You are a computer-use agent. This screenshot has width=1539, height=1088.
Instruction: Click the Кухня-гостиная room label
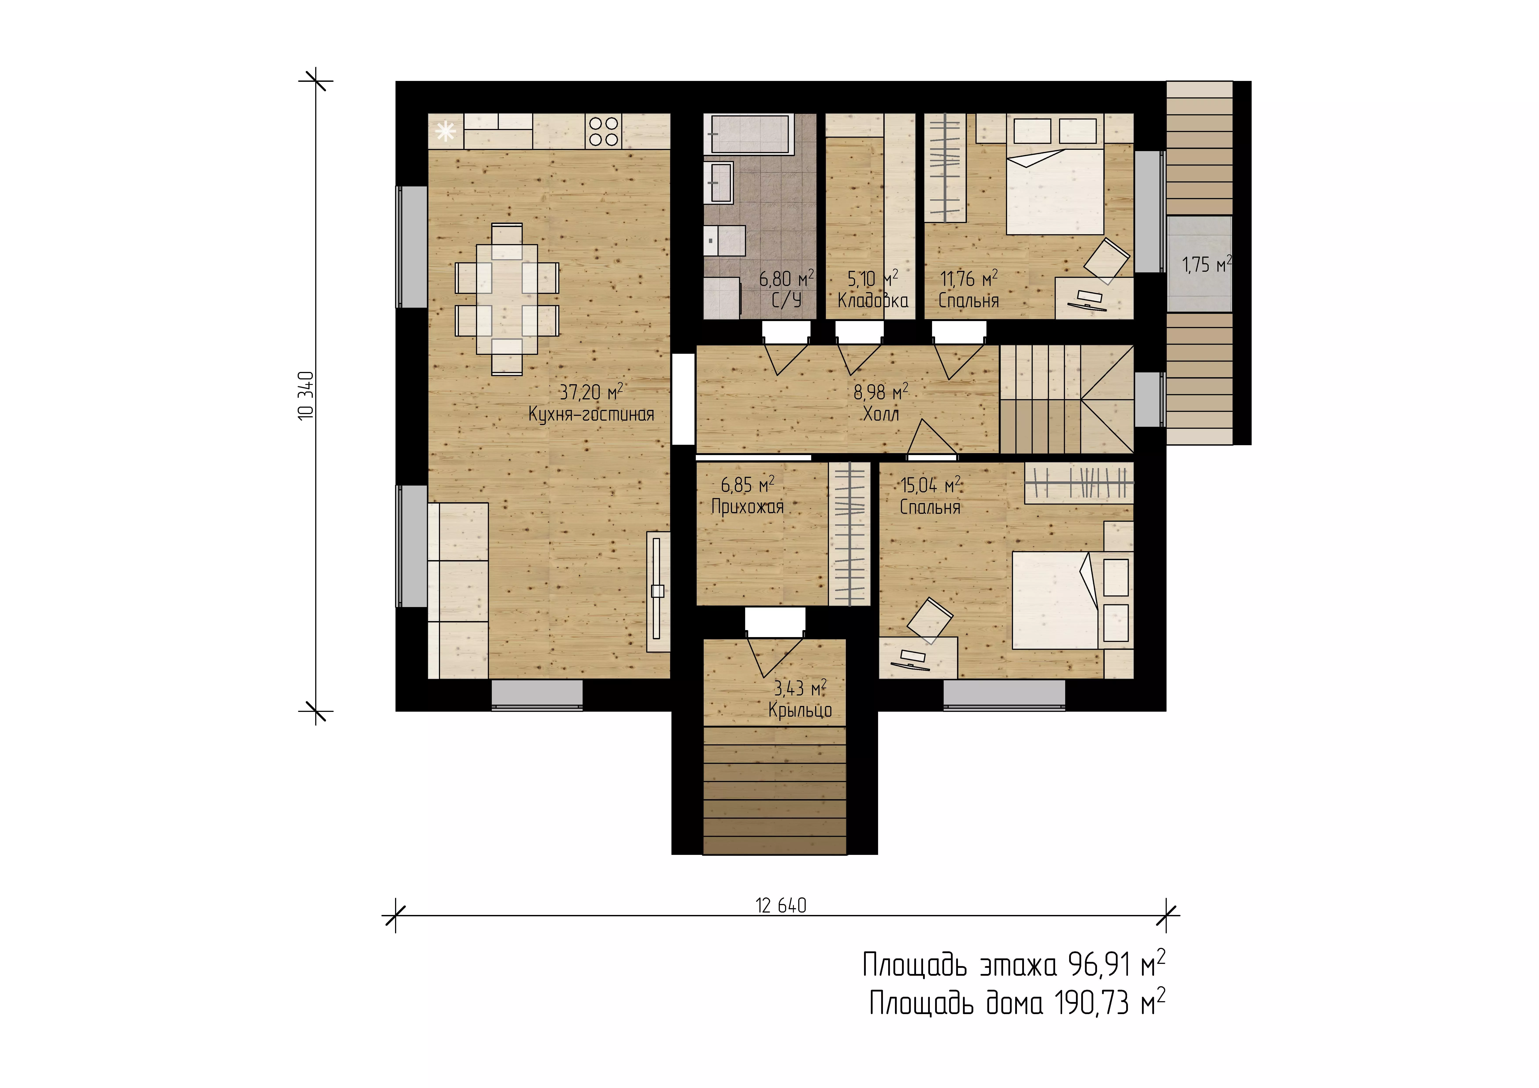pyautogui.click(x=591, y=414)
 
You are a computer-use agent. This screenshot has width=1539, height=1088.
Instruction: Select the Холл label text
pyautogui.click(x=881, y=414)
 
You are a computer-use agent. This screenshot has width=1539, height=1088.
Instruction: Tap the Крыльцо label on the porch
pyautogui.click(x=800, y=711)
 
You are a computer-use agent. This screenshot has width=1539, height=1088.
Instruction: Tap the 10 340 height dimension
pyautogui.click(x=306, y=395)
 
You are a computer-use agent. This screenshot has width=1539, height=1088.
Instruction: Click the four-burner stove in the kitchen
pyautogui.click(x=603, y=131)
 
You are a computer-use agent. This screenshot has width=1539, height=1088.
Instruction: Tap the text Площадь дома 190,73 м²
pyautogui.click(x=1018, y=1003)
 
